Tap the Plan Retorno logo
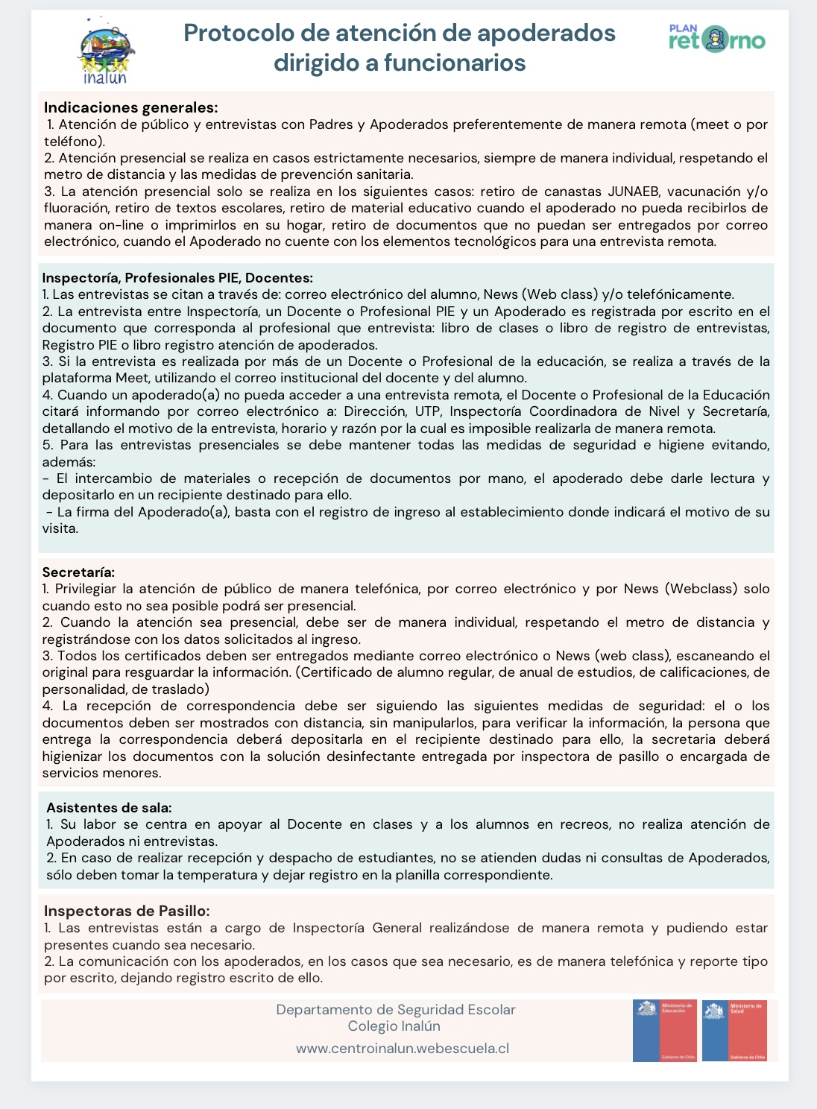click(x=717, y=39)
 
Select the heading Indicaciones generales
click(x=130, y=107)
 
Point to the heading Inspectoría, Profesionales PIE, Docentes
click(x=177, y=278)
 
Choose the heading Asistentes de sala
click(x=109, y=807)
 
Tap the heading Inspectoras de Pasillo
click(x=127, y=911)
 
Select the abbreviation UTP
click(x=424, y=411)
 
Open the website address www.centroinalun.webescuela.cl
click(x=403, y=1048)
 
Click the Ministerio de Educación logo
click(x=664, y=1030)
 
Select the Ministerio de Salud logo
click(x=734, y=1030)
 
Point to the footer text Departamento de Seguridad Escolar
click(x=396, y=1010)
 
